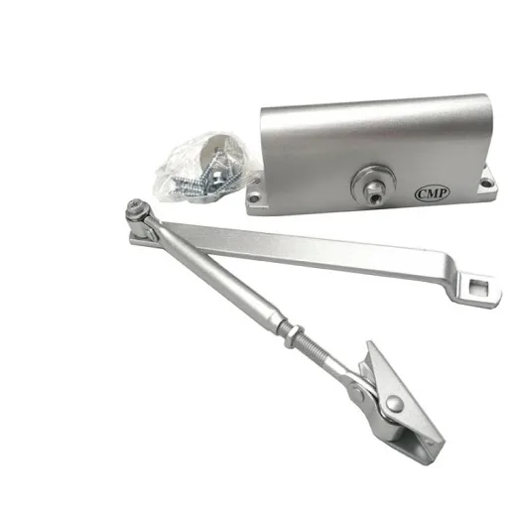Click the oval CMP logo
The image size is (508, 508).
pyautogui.click(x=432, y=193)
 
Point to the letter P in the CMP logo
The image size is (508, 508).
pyautogui.click(x=443, y=193)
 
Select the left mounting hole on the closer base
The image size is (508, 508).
pyautogui.click(x=254, y=198)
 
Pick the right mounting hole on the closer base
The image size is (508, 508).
pyautogui.click(x=485, y=182)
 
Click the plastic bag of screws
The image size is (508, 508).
pyautogui.click(x=206, y=168)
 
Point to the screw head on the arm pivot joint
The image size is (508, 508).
pyautogui.click(x=136, y=205)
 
